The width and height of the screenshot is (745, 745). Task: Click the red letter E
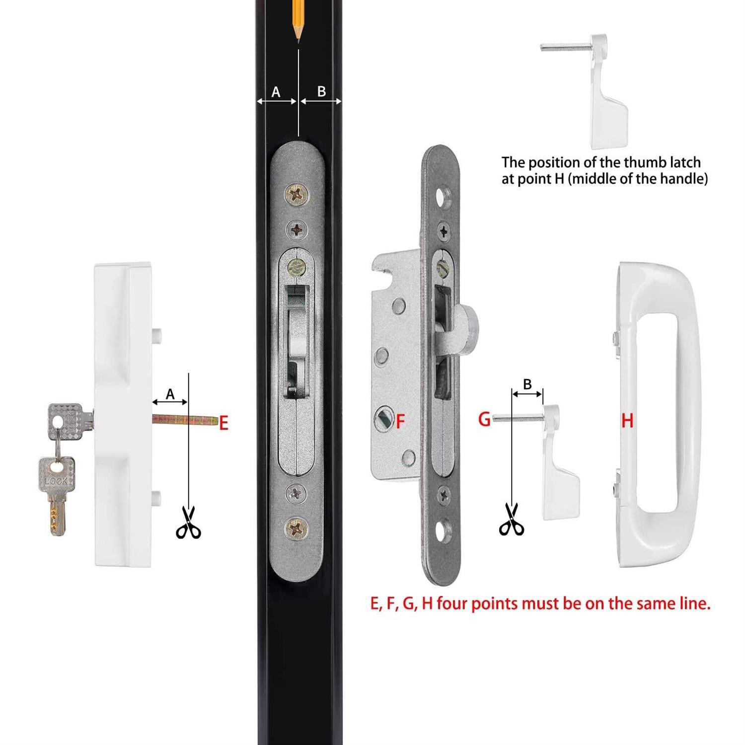[x=223, y=424]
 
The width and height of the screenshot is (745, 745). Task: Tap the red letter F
[x=400, y=422]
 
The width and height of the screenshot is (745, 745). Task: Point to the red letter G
[x=484, y=420]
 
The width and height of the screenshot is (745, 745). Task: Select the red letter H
[x=627, y=421]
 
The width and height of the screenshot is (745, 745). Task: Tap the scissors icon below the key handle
[x=189, y=522]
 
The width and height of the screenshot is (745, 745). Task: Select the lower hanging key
[x=57, y=492]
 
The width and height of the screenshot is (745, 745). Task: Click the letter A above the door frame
[x=276, y=92]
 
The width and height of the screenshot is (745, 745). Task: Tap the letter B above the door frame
[x=321, y=91]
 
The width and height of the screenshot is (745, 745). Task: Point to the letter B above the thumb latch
[x=527, y=384]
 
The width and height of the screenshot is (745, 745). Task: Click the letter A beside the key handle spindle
[x=170, y=394]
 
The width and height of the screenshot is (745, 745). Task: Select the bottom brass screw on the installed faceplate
[x=297, y=528]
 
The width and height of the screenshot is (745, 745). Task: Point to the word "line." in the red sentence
[x=694, y=603]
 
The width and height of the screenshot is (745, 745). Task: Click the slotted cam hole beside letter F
[x=384, y=419]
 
